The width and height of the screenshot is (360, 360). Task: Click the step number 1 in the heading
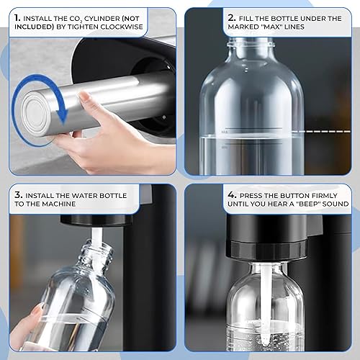[17, 16]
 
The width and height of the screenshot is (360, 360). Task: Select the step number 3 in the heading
[17, 194]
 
